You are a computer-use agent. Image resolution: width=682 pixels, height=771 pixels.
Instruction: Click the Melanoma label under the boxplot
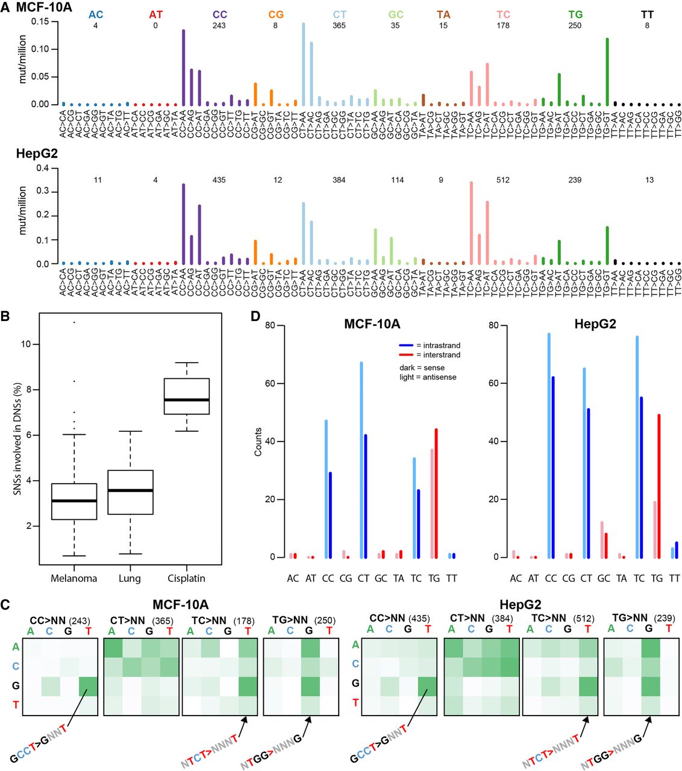point(74,578)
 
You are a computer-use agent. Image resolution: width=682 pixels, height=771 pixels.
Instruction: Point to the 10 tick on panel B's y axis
point(30,344)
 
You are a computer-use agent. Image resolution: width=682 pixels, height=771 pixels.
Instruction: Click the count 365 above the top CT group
point(339,25)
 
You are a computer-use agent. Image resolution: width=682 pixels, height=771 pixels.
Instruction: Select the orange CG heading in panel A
point(276,14)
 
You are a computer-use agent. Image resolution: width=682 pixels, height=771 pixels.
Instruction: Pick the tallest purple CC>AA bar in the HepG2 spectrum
point(183,223)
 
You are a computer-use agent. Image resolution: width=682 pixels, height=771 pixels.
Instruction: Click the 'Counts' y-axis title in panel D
point(258,442)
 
